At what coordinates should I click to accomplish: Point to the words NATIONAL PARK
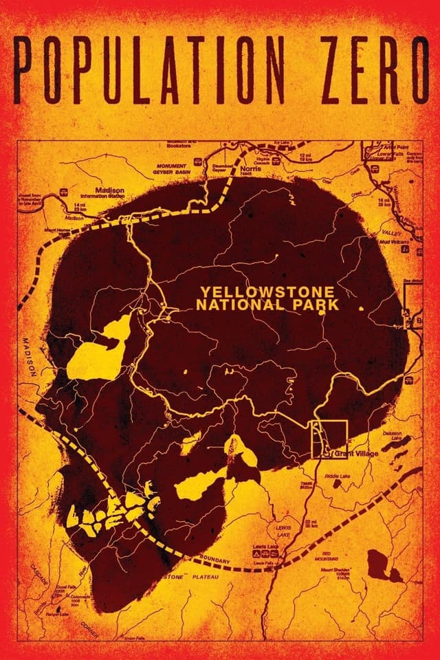coord(268,305)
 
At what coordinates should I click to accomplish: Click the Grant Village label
coord(356,454)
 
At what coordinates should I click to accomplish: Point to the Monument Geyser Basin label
coord(175,170)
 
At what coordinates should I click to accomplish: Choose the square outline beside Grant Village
coord(330,439)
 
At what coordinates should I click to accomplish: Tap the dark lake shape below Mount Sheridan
coord(376,566)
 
